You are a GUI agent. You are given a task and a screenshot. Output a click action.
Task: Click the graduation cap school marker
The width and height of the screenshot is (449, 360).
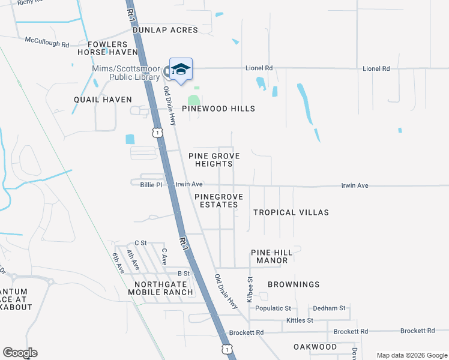(181, 70)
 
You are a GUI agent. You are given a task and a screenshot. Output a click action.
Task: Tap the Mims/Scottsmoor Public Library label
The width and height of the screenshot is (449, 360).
(126, 73)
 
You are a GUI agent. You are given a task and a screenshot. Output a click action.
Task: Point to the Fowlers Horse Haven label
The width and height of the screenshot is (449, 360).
(108, 49)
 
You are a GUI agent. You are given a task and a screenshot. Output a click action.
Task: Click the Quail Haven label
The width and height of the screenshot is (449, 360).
(103, 100)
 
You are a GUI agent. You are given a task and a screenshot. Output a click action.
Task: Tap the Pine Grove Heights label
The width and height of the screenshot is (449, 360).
(214, 160)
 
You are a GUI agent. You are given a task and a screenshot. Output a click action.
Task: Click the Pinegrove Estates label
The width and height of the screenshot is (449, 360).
(216, 200)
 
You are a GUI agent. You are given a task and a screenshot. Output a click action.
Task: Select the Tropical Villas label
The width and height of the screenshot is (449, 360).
(291, 212)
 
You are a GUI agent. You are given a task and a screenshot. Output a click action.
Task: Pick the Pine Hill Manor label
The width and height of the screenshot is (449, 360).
(270, 256)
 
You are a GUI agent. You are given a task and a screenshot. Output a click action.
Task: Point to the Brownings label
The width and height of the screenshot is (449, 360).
(294, 284)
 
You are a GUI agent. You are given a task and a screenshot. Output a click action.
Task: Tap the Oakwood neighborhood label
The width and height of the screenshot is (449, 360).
(315, 347)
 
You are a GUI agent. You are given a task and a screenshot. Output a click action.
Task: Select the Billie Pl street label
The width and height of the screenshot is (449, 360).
(151, 185)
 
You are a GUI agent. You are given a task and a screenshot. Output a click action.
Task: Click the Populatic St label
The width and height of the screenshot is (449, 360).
(273, 308)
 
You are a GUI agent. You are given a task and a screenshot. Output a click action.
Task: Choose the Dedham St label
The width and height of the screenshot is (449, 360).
(329, 308)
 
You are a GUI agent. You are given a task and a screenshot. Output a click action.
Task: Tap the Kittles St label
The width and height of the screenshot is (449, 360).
(300, 320)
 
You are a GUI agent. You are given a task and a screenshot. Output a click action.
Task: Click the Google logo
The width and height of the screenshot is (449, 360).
(20, 353)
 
